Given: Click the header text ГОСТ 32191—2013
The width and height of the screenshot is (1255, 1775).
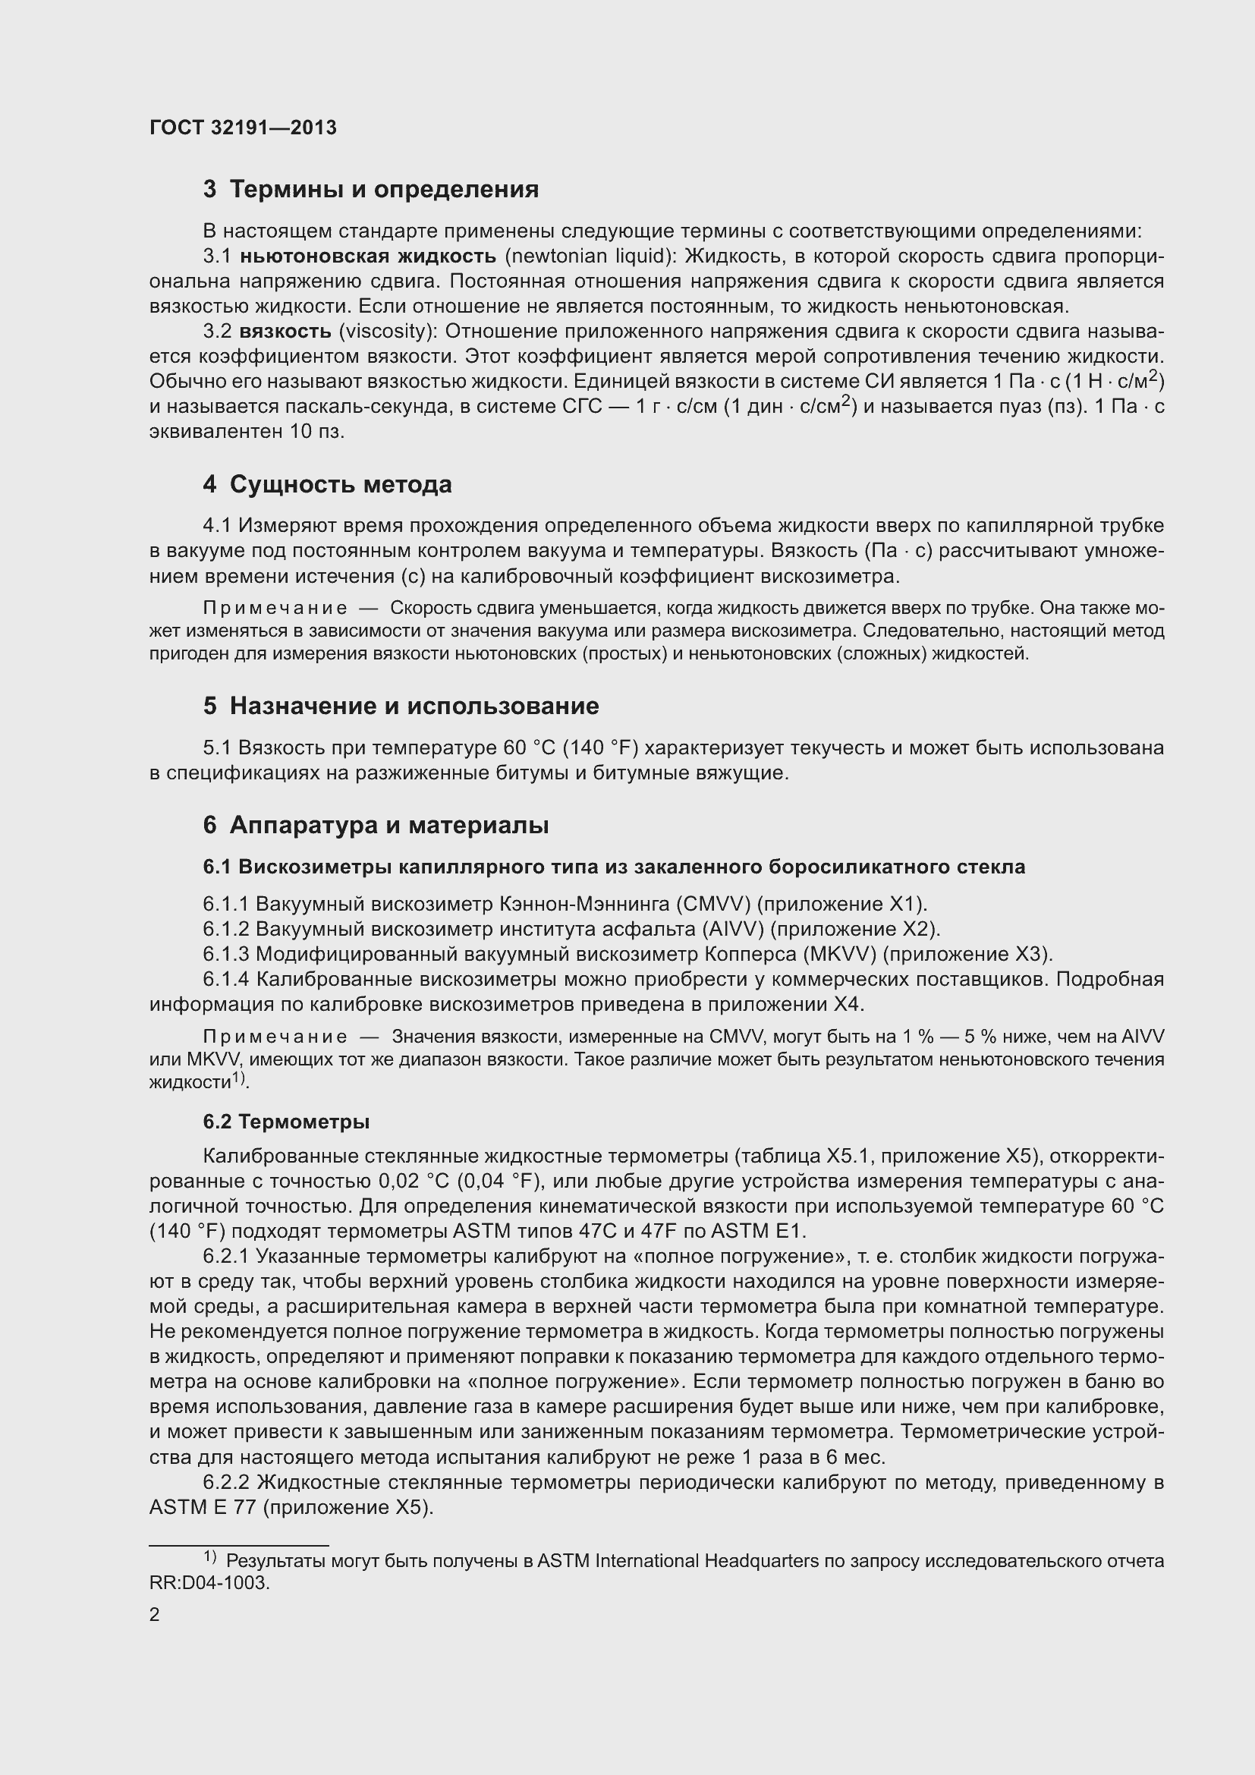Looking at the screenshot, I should click(243, 128).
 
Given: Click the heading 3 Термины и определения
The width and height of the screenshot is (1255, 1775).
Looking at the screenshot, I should click(371, 190).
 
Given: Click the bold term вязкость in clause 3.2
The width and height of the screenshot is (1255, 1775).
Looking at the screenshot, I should click(285, 332).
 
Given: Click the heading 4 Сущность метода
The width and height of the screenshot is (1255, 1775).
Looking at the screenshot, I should click(328, 485).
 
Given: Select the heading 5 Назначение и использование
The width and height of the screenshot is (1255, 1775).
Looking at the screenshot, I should click(401, 706).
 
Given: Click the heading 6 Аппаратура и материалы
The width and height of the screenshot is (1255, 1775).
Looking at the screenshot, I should click(376, 826).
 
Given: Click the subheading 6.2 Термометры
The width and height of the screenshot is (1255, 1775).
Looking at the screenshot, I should click(286, 1122).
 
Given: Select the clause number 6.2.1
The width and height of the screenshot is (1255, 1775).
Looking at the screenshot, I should click(225, 1256).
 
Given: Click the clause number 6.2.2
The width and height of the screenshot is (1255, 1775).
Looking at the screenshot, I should click(225, 1483).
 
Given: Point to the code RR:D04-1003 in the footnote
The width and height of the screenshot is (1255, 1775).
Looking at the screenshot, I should click(209, 1583).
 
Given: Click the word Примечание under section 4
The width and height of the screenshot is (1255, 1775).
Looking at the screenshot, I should click(275, 609).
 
